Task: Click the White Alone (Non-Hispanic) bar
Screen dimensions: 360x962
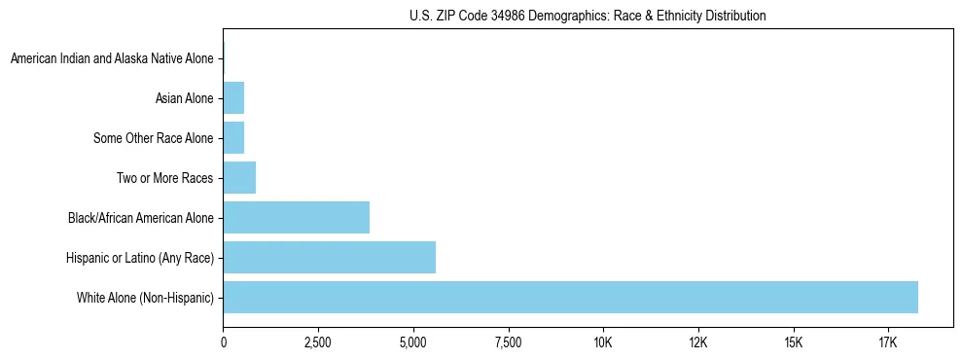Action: tap(570, 297)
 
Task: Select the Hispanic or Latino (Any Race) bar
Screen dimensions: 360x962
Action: tap(329, 257)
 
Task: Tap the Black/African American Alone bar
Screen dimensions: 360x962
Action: tap(296, 217)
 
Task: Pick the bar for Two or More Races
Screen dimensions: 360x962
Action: tap(239, 178)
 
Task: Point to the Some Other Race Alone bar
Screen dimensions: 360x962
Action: tap(233, 138)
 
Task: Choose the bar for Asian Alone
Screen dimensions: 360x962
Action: tap(233, 98)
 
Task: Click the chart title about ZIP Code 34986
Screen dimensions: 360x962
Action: tap(588, 16)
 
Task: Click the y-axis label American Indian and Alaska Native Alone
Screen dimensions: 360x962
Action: tap(112, 59)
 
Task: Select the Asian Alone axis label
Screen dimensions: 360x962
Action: tap(184, 98)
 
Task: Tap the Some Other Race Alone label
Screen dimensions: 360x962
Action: tap(153, 138)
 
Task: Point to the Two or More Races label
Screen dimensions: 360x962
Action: tap(163, 178)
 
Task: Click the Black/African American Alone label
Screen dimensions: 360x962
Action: tap(141, 218)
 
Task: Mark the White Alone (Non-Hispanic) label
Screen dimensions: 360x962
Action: tap(145, 297)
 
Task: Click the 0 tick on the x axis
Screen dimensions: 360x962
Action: tap(224, 342)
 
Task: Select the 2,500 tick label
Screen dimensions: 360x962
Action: tap(318, 342)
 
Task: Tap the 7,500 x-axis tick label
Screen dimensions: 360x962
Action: tap(509, 342)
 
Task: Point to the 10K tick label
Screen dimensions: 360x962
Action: tap(603, 342)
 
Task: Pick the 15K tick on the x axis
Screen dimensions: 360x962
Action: tap(794, 342)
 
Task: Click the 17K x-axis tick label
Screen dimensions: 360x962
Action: tap(888, 342)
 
